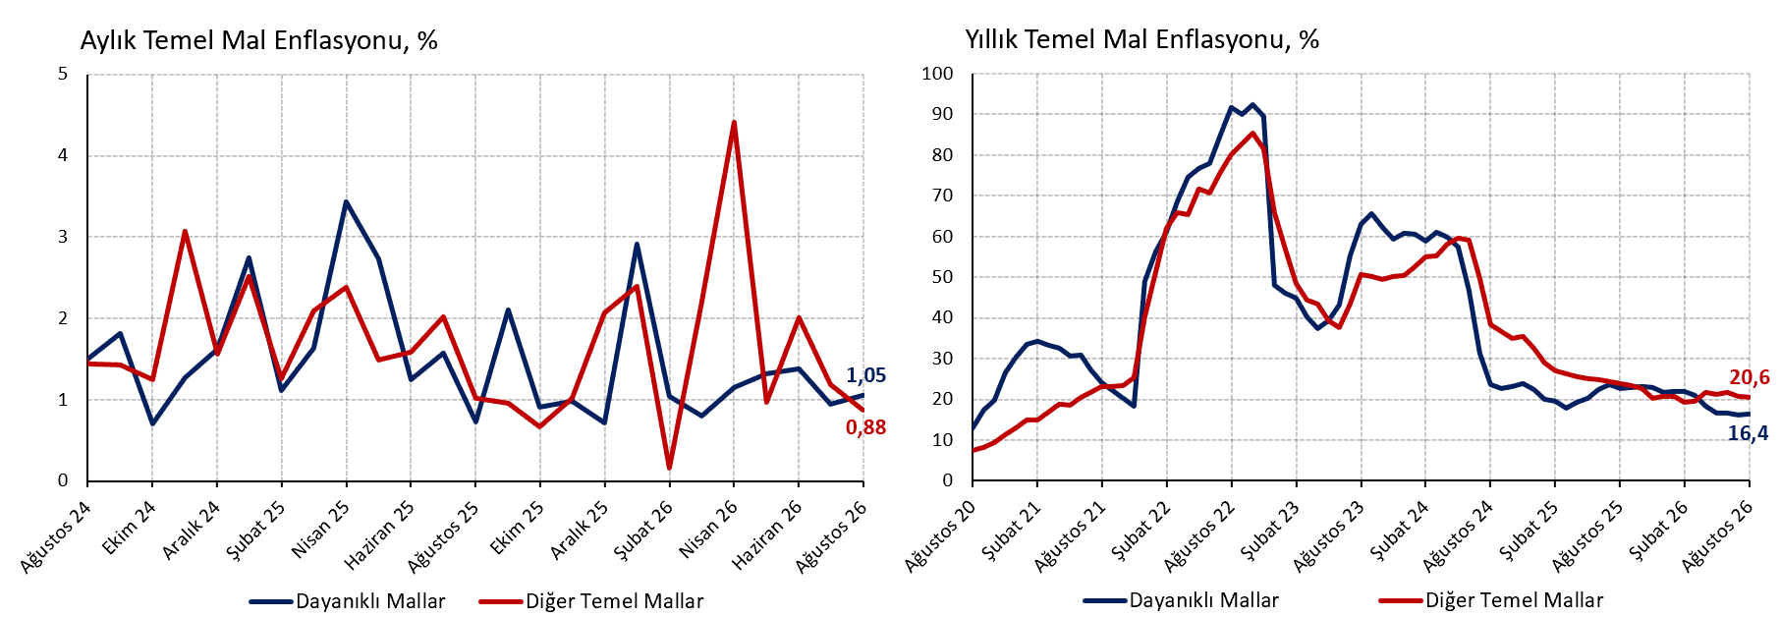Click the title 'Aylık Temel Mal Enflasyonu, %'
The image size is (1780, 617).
pos(258,40)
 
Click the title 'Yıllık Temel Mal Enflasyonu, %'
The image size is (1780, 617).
pos(1141,39)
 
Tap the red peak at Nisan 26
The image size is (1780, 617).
pos(734,122)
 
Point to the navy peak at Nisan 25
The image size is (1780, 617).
pos(346,201)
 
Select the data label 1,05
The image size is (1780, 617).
pos(865,375)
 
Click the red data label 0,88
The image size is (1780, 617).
pos(865,427)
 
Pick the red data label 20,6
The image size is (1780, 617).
pos(1750,377)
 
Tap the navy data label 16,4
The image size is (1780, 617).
pos(1748,433)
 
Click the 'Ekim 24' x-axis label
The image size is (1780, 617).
pos(129,529)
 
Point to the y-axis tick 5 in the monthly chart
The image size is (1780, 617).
pos(63,74)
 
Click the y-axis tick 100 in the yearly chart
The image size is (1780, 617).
pos(937,74)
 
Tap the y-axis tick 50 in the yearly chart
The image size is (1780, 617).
pos(943,277)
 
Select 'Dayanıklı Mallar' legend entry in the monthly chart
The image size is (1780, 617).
pos(348,601)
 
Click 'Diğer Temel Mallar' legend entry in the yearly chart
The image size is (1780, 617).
pos(1491,600)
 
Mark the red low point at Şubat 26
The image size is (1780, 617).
pos(669,468)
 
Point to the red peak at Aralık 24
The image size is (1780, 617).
pos(185,232)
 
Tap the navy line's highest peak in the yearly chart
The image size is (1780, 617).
pos(1252,104)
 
